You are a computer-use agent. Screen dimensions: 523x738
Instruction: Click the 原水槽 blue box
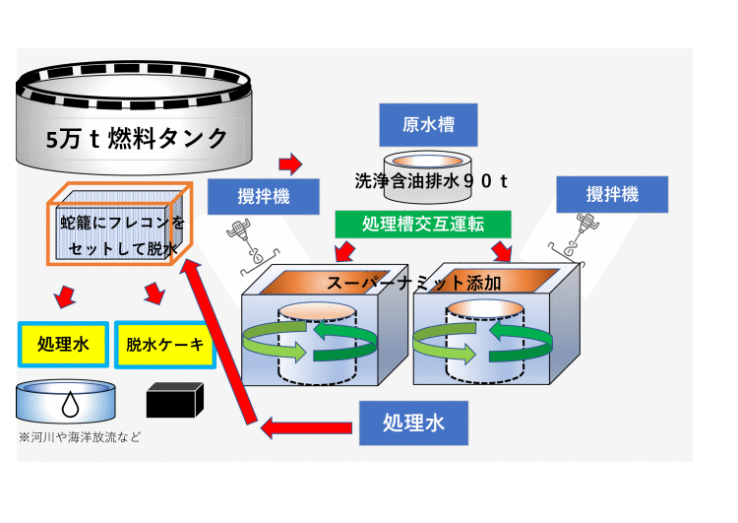point(428,125)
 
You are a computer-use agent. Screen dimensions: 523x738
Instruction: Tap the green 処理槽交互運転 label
point(423,224)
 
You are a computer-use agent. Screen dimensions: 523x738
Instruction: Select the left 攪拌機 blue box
point(264,196)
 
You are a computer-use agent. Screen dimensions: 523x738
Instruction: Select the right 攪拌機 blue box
point(612,194)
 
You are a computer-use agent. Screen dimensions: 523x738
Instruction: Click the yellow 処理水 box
point(63,344)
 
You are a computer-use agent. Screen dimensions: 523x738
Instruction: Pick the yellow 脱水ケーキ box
point(164,344)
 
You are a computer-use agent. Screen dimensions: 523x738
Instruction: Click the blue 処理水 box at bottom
point(413,423)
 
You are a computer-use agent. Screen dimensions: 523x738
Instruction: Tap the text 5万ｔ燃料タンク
point(137,138)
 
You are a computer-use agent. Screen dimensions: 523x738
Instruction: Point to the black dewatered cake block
point(174,400)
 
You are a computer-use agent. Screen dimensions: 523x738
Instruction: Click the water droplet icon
point(70,403)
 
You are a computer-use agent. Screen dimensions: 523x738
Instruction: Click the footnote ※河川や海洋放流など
point(79,436)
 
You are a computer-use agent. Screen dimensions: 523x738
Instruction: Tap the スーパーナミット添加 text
point(413,283)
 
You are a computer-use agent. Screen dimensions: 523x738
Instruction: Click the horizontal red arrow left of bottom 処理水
point(305,427)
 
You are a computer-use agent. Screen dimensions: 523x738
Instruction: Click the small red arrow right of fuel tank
point(290,163)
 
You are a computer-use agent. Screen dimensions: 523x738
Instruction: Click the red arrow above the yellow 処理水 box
point(65,295)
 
